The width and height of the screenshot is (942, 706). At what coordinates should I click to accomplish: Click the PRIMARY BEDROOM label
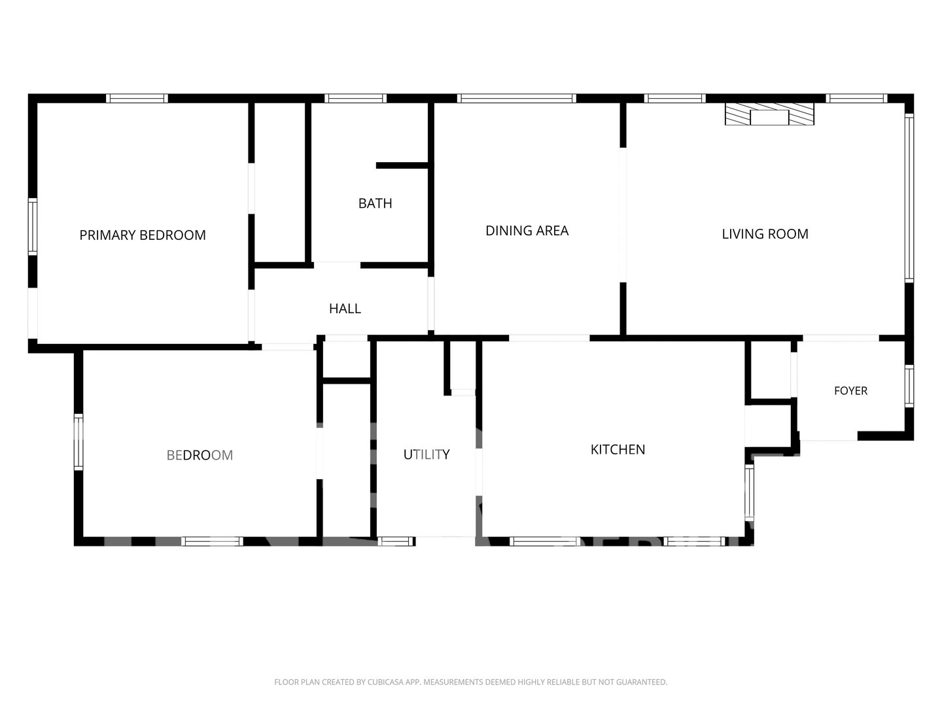pos(143,235)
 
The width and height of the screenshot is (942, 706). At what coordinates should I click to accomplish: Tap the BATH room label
pos(375,203)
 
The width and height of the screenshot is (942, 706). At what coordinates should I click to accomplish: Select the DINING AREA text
pos(527,231)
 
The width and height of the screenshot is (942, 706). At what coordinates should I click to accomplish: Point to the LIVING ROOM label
pos(765,234)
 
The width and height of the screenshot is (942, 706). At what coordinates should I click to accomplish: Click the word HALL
pos(345,309)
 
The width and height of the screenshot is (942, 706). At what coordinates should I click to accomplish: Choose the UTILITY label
pos(427,454)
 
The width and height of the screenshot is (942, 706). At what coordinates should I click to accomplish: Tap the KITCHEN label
pos(618,449)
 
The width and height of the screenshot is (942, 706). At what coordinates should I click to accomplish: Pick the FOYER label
pos(850,390)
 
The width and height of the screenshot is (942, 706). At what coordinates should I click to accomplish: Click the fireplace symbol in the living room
pos(769,114)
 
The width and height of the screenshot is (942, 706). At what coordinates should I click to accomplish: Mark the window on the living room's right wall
pos(909,198)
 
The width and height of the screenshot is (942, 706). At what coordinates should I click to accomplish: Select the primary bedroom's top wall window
pos(137,99)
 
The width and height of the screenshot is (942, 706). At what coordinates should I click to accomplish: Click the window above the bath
pos(356,99)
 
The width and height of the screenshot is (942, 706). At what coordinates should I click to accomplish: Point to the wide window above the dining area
pos(517,99)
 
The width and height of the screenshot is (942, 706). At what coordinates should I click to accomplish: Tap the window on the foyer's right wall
pos(909,386)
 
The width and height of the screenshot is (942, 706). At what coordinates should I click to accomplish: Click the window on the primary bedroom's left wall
pos(33,226)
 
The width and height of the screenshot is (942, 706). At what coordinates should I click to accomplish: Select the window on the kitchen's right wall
pos(749,493)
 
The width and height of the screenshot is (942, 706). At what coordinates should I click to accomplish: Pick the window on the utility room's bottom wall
pos(396,541)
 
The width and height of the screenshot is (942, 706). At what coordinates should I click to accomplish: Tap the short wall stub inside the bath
pos(402,165)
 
